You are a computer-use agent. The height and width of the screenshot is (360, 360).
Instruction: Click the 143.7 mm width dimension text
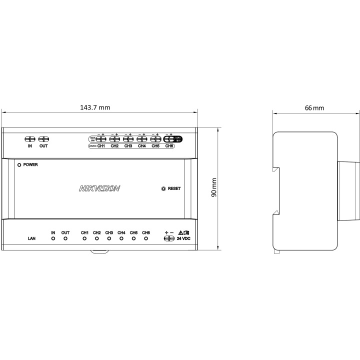tap(95, 107)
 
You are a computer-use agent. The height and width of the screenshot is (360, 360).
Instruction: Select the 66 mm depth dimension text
tap(314, 107)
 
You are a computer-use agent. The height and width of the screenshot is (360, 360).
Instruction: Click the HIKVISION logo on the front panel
tap(99, 188)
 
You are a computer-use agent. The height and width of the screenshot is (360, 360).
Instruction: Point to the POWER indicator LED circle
tap(19, 164)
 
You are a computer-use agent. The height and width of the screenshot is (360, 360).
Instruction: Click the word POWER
tap(30, 164)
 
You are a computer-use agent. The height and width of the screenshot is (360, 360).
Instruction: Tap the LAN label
tap(31, 239)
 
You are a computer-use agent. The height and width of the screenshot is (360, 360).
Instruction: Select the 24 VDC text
tap(183, 239)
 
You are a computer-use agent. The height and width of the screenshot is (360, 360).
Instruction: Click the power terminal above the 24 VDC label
tap(169, 238)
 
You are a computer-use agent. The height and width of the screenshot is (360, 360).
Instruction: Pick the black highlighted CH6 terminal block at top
tap(169, 140)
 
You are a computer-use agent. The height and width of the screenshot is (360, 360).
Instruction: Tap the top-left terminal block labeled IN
tap(30, 139)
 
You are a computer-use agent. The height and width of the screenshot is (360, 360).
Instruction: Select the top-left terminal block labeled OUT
tap(43, 139)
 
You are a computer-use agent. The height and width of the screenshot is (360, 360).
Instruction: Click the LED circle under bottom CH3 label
tap(109, 238)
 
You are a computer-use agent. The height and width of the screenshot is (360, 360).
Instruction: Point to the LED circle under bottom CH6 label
tap(145, 238)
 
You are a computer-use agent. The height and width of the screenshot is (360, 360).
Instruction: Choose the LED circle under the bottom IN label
tap(53, 238)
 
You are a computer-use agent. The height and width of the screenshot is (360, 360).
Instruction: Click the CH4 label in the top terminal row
tap(141, 146)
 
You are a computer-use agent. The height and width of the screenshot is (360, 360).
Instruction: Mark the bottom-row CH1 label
tap(84, 232)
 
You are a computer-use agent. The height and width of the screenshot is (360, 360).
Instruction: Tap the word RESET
tap(174, 188)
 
